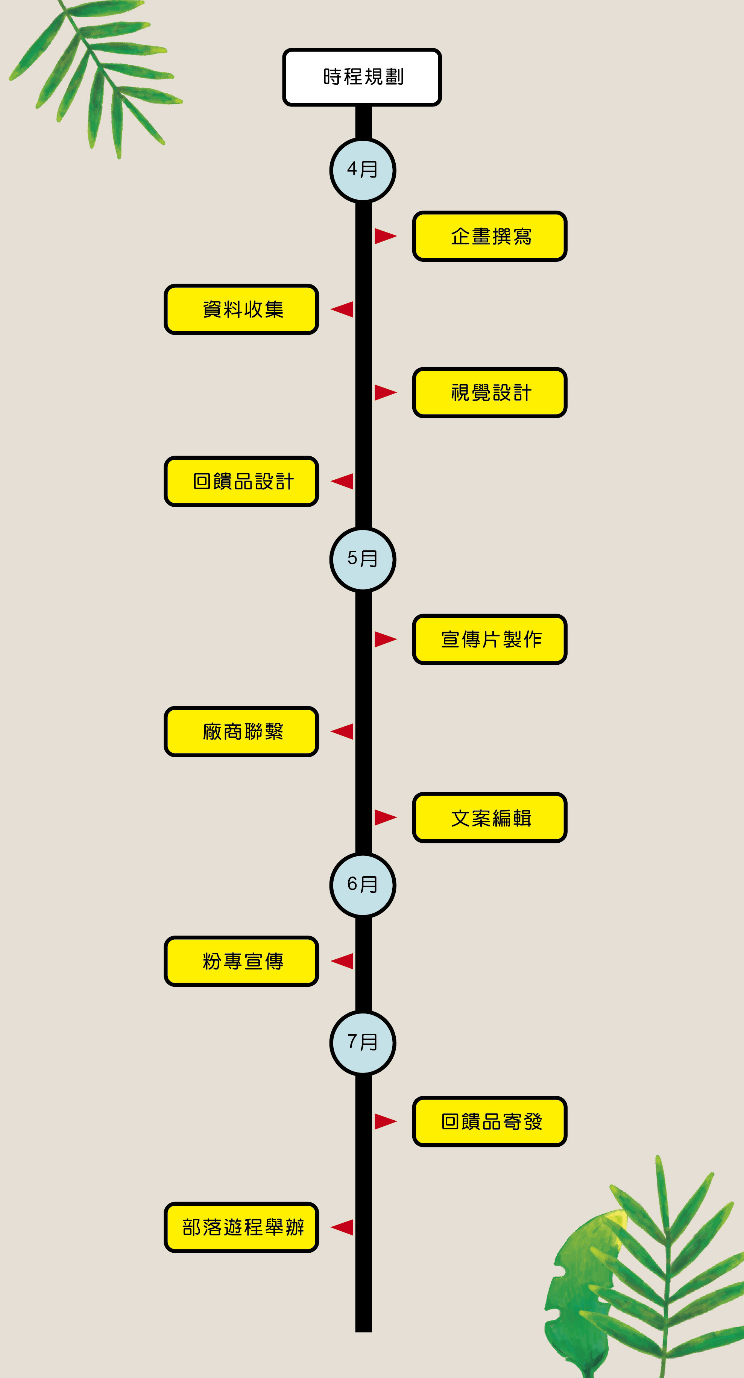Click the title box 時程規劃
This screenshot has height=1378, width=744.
(x=362, y=77)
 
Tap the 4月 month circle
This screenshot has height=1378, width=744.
(x=363, y=170)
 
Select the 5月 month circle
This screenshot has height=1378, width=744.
(x=363, y=559)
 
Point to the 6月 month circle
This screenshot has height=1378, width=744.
(x=363, y=885)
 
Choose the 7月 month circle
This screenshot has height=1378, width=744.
(x=363, y=1042)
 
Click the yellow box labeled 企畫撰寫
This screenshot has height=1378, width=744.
(x=489, y=236)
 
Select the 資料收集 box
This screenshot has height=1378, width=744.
(x=241, y=309)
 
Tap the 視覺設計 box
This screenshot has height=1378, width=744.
(x=489, y=393)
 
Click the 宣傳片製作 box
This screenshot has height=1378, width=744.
(x=489, y=639)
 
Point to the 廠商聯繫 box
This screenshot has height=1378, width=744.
(x=241, y=731)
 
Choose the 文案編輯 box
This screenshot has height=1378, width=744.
(x=489, y=817)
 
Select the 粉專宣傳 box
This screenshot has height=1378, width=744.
(x=241, y=961)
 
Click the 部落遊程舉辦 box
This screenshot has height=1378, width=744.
(x=241, y=1227)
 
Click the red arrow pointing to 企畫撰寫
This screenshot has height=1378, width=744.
(x=384, y=236)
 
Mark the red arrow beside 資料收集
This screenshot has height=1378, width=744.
(x=343, y=309)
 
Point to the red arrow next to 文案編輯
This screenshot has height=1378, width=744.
(x=384, y=817)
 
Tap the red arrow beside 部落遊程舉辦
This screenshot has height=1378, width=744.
(x=343, y=1227)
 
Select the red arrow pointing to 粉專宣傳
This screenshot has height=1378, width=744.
(x=343, y=961)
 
